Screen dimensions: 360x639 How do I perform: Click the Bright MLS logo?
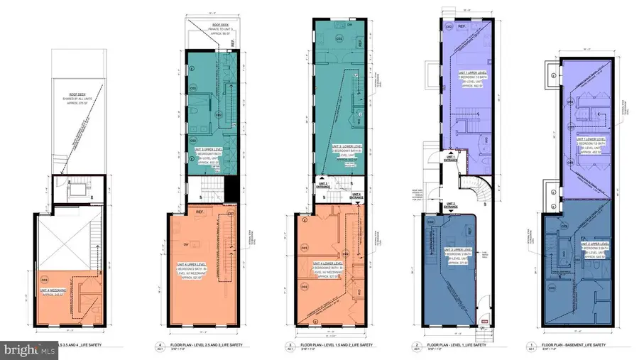click(29, 349)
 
